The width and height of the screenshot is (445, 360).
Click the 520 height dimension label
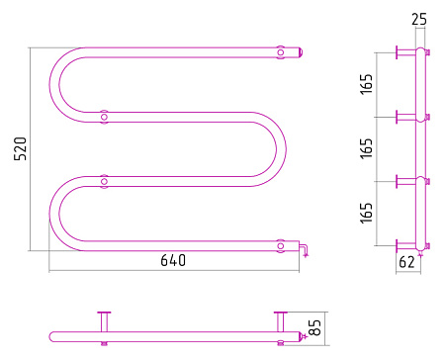[20, 148]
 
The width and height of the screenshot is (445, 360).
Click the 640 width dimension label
[173, 260]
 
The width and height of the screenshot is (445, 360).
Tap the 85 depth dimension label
[315, 327]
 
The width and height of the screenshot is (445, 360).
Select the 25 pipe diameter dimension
[419, 19]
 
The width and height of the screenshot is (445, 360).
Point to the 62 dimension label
[406, 262]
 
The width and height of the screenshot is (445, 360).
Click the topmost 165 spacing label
[366, 84]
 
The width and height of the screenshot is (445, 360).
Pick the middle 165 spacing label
[366, 148]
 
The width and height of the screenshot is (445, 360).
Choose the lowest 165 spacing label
[366, 213]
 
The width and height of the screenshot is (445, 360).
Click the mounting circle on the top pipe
[280, 52]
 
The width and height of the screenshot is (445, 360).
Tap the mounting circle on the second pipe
[104, 117]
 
